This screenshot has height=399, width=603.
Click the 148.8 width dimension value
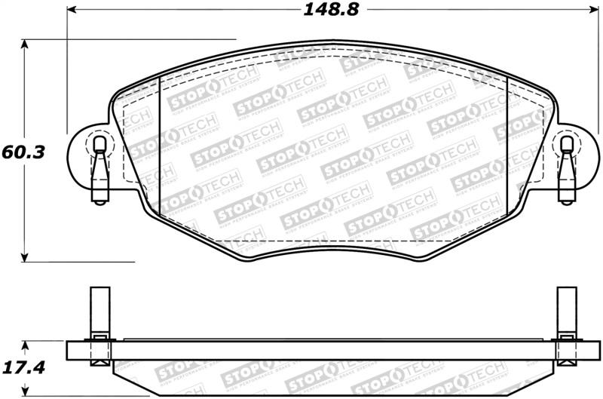329,11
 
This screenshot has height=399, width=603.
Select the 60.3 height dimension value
24,152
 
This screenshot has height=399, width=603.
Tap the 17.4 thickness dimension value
24,368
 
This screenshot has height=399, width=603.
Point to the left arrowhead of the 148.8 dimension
72,11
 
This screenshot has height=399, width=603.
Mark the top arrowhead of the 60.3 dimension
25,45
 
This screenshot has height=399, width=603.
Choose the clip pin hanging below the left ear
98,181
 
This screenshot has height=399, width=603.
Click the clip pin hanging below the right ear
566,181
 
